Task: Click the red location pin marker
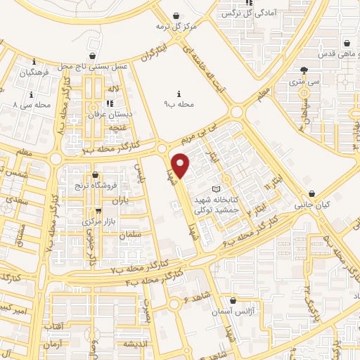tap(181, 166)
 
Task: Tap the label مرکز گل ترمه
tap(175, 27)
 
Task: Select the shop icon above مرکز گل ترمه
tap(176, 15)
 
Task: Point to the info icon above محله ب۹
tap(179, 94)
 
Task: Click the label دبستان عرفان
tap(106, 113)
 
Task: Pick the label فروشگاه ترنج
tap(95, 186)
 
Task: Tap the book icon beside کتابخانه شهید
tap(216, 189)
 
